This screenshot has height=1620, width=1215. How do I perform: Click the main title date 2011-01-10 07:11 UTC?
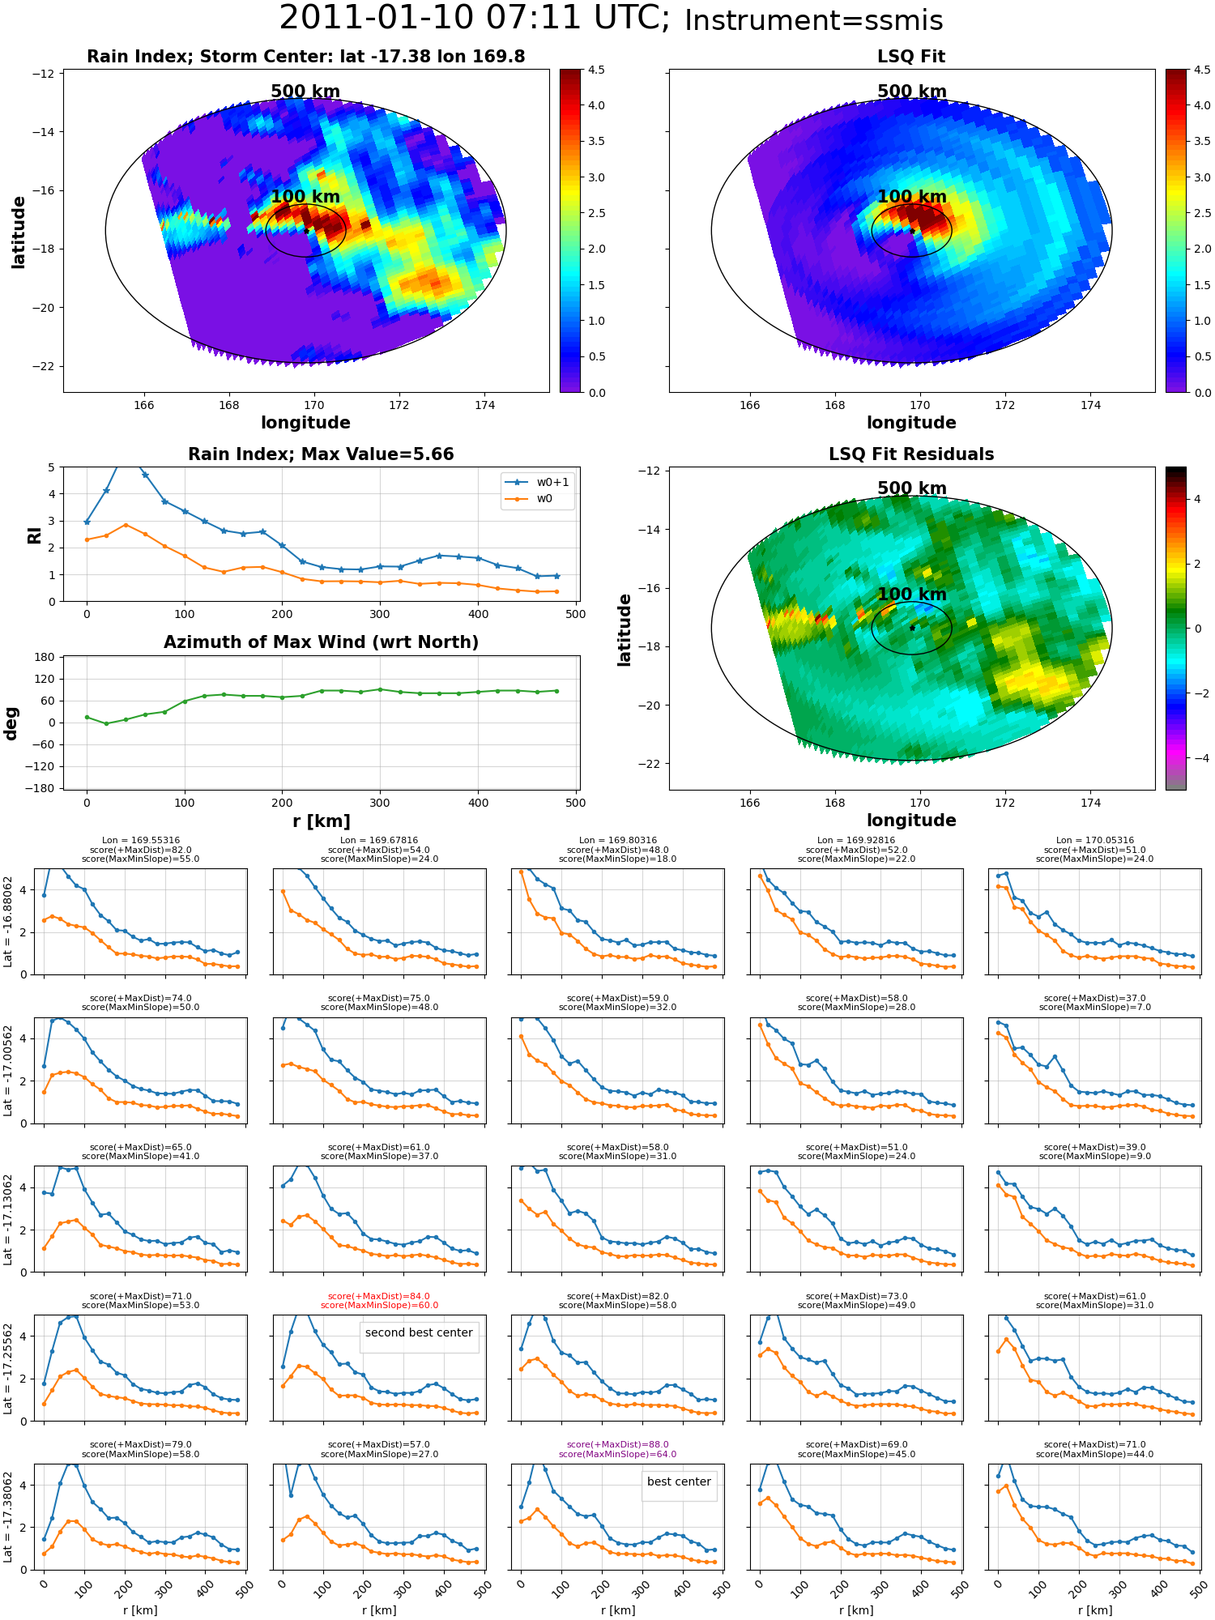pyautogui.click(x=475, y=19)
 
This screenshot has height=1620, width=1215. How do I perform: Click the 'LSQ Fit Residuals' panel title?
pyautogui.click(x=911, y=454)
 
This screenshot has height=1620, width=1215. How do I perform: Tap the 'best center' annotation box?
pyautogui.click(x=679, y=1481)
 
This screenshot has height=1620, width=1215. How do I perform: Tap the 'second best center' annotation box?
pyautogui.click(x=419, y=1332)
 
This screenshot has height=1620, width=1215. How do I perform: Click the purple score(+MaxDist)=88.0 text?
pyautogui.click(x=617, y=1444)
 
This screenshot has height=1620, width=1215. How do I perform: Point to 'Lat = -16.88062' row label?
pyautogui.click(x=8, y=921)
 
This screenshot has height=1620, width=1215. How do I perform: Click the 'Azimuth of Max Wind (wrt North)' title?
pyautogui.click(x=321, y=642)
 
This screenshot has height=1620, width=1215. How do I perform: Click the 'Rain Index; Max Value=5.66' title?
pyautogui.click(x=321, y=454)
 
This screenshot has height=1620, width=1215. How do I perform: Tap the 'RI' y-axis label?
pyautogui.click(x=34, y=535)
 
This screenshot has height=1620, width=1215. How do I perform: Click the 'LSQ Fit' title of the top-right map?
pyautogui.click(x=911, y=57)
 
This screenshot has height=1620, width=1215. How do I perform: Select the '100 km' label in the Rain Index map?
pyautogui.click(x=305, y=197)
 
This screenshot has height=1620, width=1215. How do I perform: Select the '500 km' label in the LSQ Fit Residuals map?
pyautogui.click(x=911, y=488)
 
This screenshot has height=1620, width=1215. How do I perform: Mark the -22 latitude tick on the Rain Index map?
pyautogui.click(x=43, y=366)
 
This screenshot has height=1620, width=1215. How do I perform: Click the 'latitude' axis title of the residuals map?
pyautogui.click(x=625, y=629)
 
